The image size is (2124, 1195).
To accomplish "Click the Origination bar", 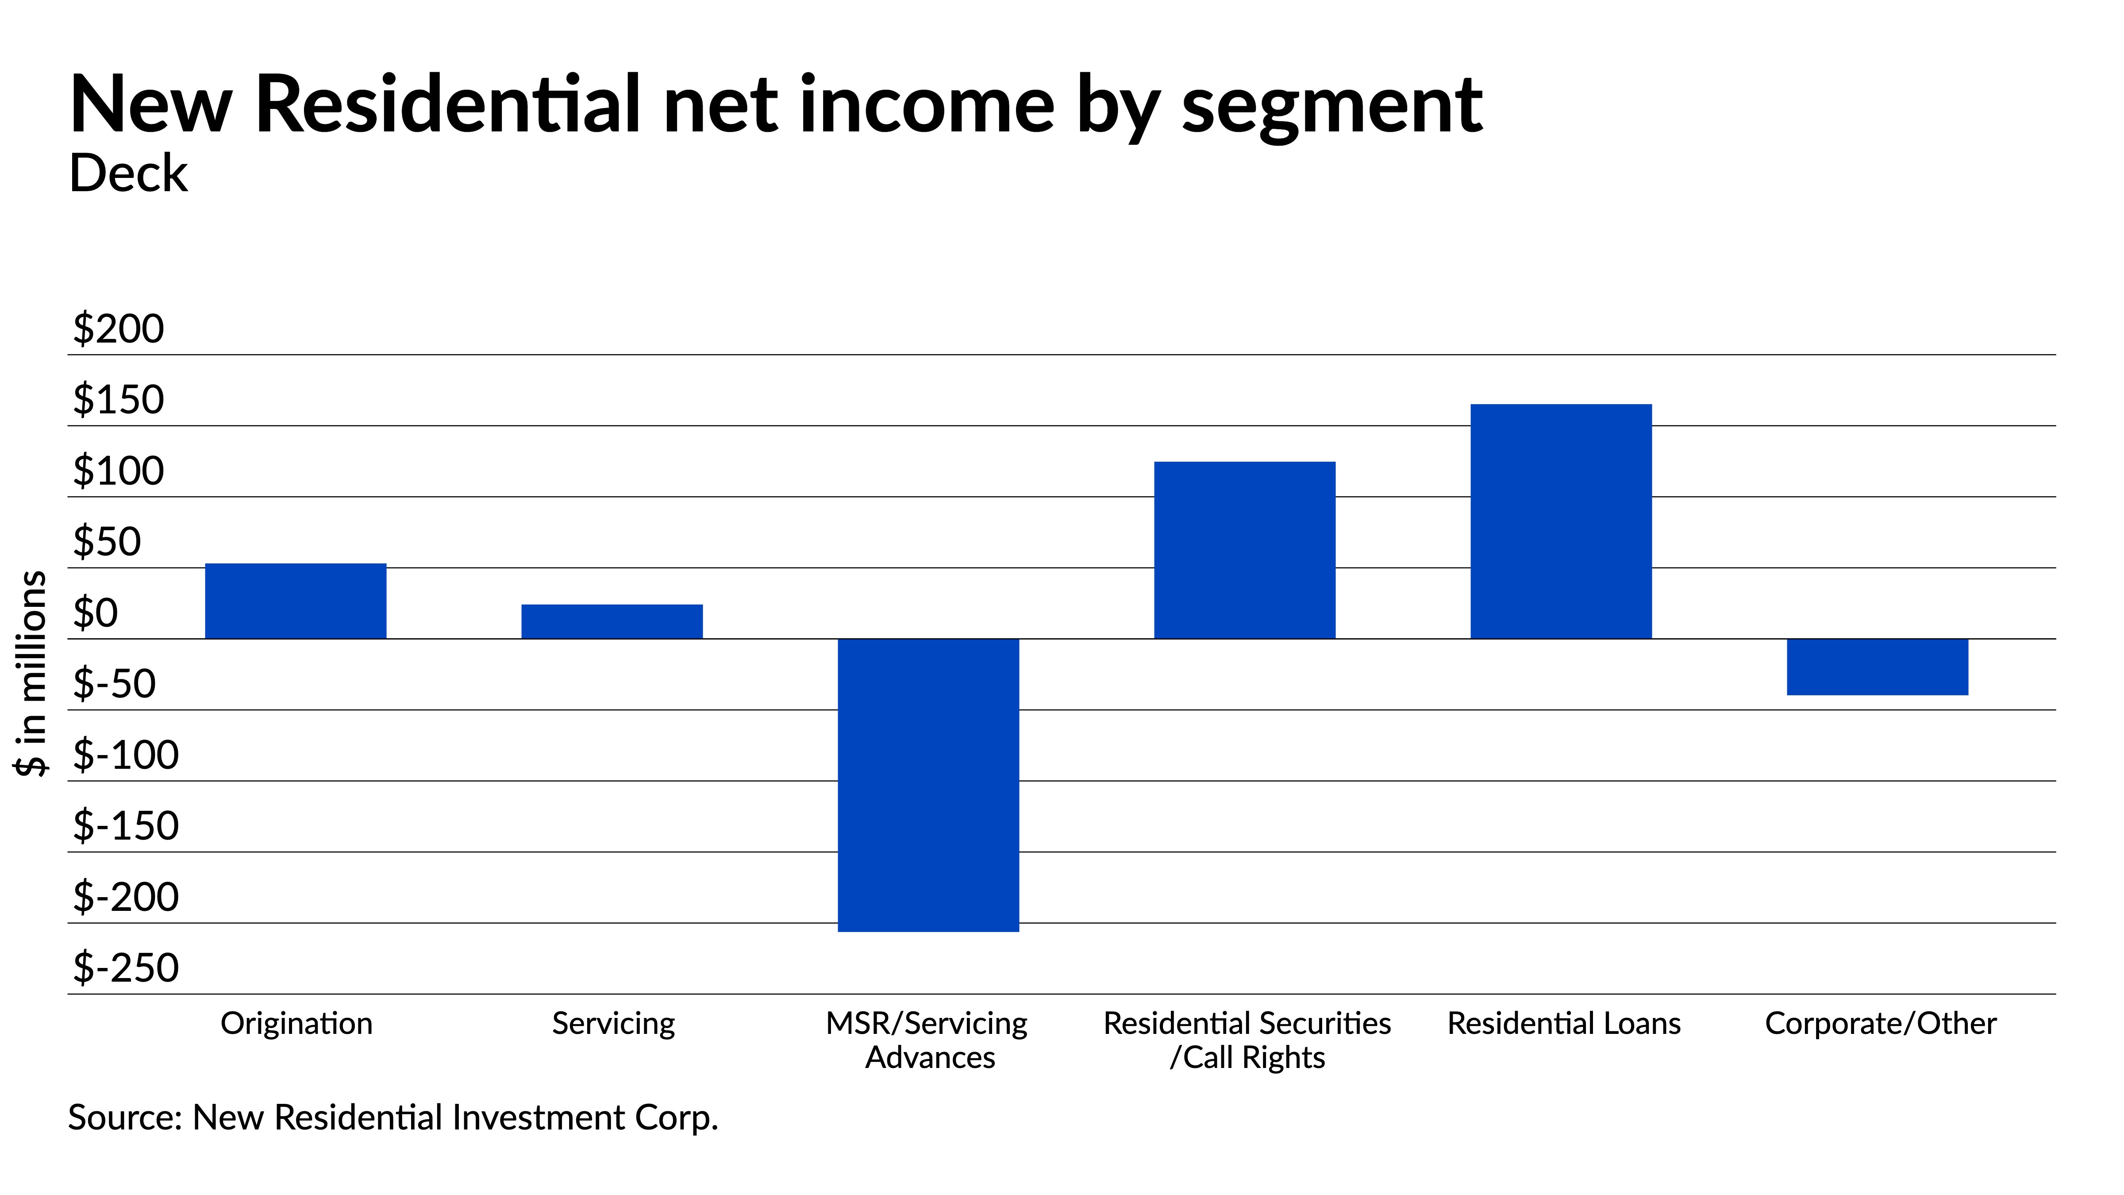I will pyautogui.click(x=295, y=601).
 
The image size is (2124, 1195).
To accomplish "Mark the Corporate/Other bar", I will pyautogui.click(x=1878, y=667).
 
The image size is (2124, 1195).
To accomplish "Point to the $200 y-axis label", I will pyautogui.click(x=119, y=329).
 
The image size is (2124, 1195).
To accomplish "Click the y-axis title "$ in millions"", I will pyautogui.click(x=31, y=673).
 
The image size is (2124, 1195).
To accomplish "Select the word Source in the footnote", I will pyautogui.click(x=124, y=1118).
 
